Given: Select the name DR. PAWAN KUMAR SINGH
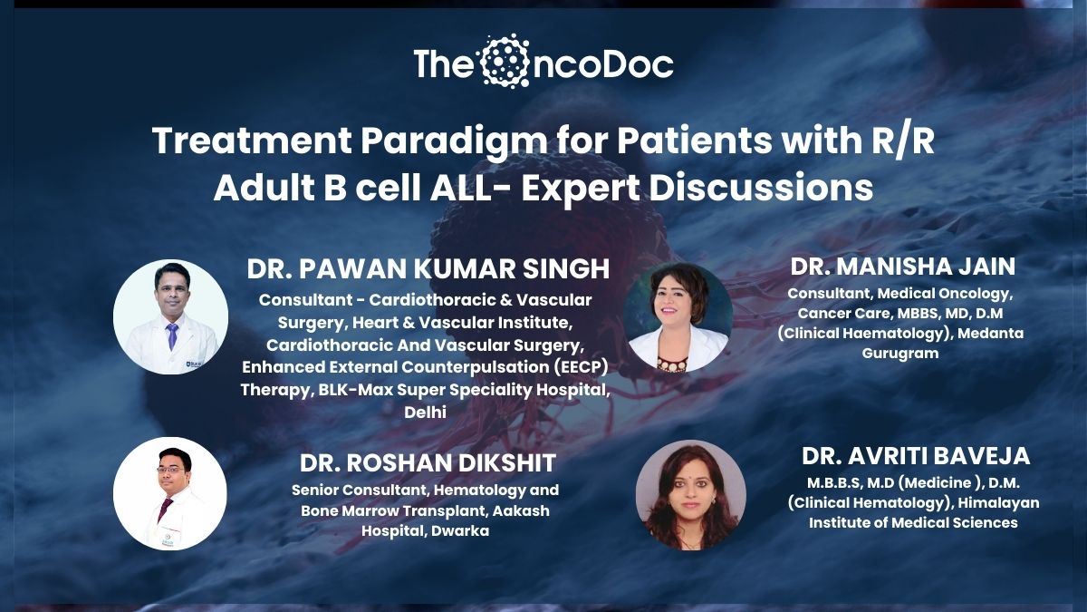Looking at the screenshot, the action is click(428, 269).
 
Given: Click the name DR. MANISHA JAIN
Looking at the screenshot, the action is click(902, 267).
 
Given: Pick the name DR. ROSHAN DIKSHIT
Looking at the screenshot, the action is click(428, 463).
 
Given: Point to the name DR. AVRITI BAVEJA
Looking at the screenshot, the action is click(915, 456).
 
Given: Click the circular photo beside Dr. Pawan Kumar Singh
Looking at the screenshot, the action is click(171, 316).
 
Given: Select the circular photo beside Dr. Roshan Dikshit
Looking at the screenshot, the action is click(170, 493).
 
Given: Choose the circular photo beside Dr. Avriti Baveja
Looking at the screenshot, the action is click(690, 495).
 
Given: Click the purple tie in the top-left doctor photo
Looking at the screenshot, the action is click(172, 335).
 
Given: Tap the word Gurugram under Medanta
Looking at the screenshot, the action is click(900, 353).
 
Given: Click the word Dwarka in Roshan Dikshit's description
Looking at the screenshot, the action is click(459, 531).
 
